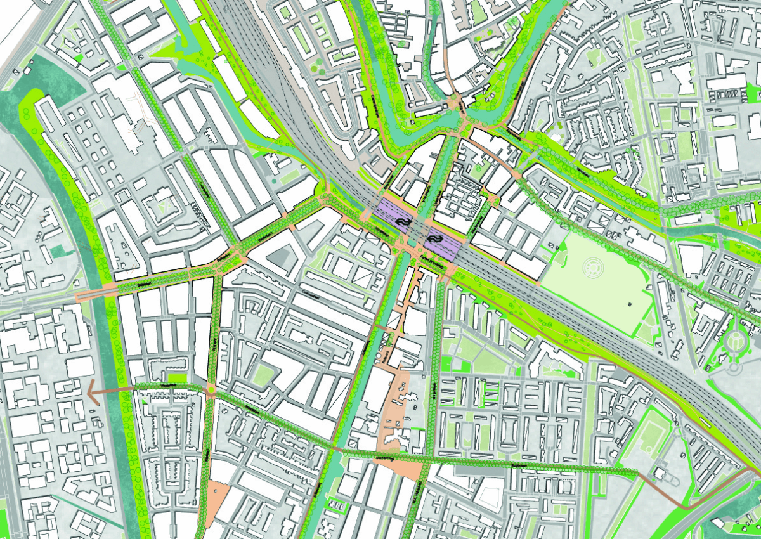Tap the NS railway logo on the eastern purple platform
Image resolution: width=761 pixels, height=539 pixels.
click(x=436, y=238)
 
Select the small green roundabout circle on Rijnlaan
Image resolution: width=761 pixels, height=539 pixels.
click(x=211, y=391)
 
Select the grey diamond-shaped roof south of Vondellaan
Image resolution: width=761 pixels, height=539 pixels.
click(x=280, y=257)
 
